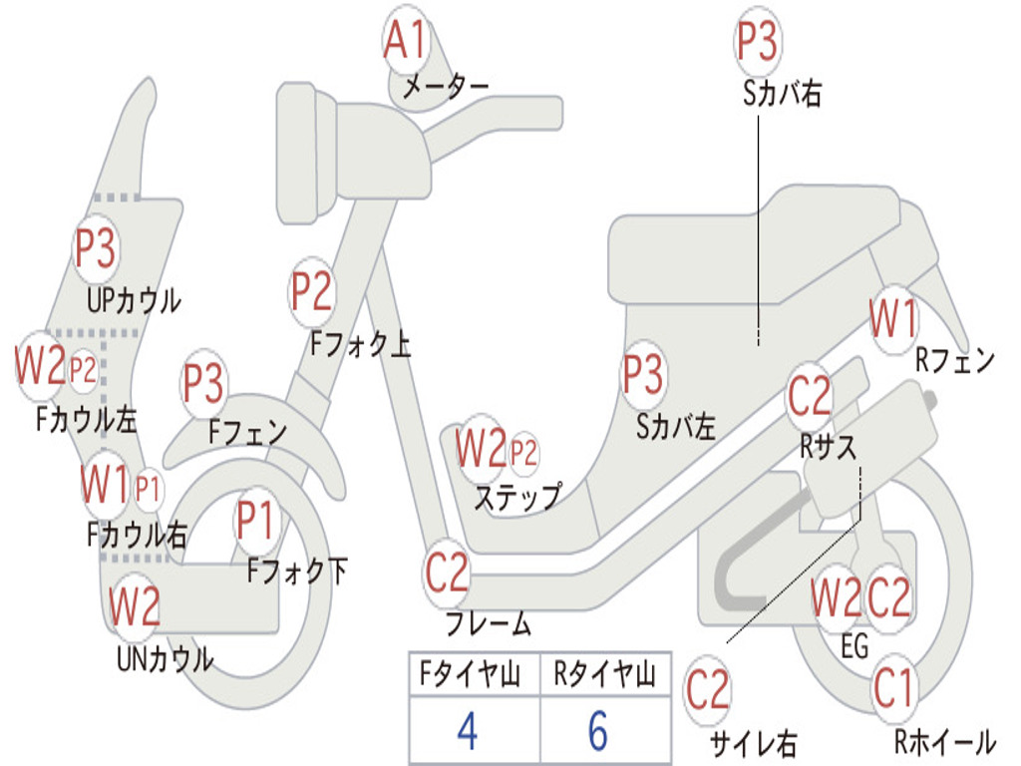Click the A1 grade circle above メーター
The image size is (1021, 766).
[406, 42]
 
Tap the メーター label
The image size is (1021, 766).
[445, 88]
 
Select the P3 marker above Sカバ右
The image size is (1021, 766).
[757, 43]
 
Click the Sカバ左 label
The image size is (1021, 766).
[676, 427]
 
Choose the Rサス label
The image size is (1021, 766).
[828, 447]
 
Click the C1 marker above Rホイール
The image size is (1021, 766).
[893, 688]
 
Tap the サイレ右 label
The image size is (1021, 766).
[753, 742]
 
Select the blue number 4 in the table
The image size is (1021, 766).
[467, 732]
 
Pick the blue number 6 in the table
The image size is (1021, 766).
[597, 732]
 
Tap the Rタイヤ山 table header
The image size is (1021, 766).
[604, 676]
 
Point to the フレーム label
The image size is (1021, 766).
[489, 625]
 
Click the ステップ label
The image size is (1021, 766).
[516, 496]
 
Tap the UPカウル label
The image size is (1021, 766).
[134, 299]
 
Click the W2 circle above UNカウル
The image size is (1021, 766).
[135, 605]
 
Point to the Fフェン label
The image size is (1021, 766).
[247, 432]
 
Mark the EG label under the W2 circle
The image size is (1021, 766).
[854, 647]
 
